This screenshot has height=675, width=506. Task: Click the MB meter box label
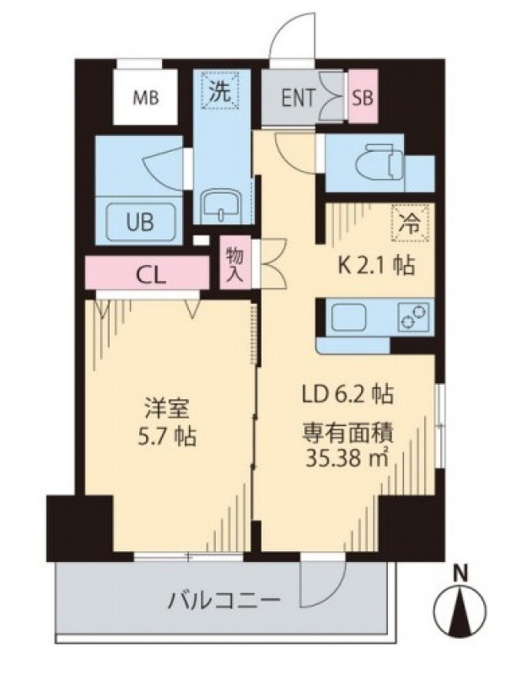(x=145, y=99)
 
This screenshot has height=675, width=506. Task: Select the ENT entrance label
(x=299, y=98)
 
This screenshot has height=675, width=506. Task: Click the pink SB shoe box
(x=363, y=97)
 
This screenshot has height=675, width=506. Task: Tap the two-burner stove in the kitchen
(x=413, y=316)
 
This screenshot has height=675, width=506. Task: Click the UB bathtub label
(x=140, y=222)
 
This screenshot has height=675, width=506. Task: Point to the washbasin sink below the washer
(x=221, y=207)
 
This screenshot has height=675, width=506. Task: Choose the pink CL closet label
(x=151, y=275)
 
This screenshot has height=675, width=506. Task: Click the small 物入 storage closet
(x=235, y=262)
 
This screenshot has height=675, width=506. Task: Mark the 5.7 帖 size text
(x=165, y=437)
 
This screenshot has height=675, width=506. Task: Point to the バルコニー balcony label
(x=224, y=599)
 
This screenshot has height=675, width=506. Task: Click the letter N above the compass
(x=461, y=574)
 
